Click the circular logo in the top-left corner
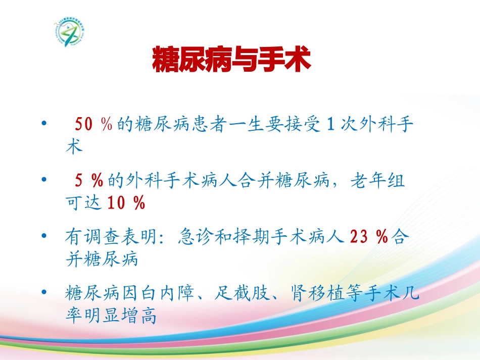70,31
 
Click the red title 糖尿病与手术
231,60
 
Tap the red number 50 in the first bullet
83,124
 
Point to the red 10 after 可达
117,203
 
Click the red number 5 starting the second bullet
79,180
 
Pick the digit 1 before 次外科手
330,124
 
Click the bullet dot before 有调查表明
45,236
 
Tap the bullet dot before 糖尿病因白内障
45,292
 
